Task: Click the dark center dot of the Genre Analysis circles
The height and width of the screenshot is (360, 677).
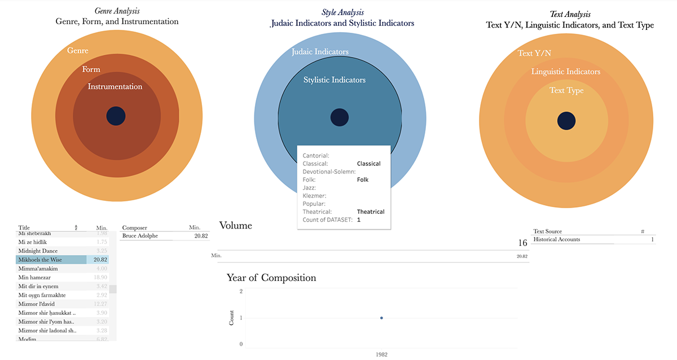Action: coord(116,116)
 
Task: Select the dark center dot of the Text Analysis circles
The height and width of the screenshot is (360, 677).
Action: coord(566,120)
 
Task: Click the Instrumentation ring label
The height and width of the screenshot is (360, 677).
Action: coord(115,87)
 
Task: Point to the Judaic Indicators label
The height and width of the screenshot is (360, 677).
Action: coord(320,52)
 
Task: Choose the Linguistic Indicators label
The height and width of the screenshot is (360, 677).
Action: coord(566,72)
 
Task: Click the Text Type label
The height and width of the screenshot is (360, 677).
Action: coord(566,90)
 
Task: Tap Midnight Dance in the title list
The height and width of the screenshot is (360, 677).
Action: coord(38,251)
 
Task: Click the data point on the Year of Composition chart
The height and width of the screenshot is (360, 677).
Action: coord(382,318)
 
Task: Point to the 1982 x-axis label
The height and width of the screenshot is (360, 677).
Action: coord(382,354)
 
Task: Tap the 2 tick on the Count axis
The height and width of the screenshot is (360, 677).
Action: coord(241,292)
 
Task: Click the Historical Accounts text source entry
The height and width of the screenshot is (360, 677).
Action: coord(557,240)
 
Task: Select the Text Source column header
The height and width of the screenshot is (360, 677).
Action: coord(547,231)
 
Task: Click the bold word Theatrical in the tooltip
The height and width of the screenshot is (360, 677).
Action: coord(371,212)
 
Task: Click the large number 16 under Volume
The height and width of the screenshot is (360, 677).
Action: coord(522,243)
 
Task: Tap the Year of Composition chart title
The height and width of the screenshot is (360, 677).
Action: coord(271,278)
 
